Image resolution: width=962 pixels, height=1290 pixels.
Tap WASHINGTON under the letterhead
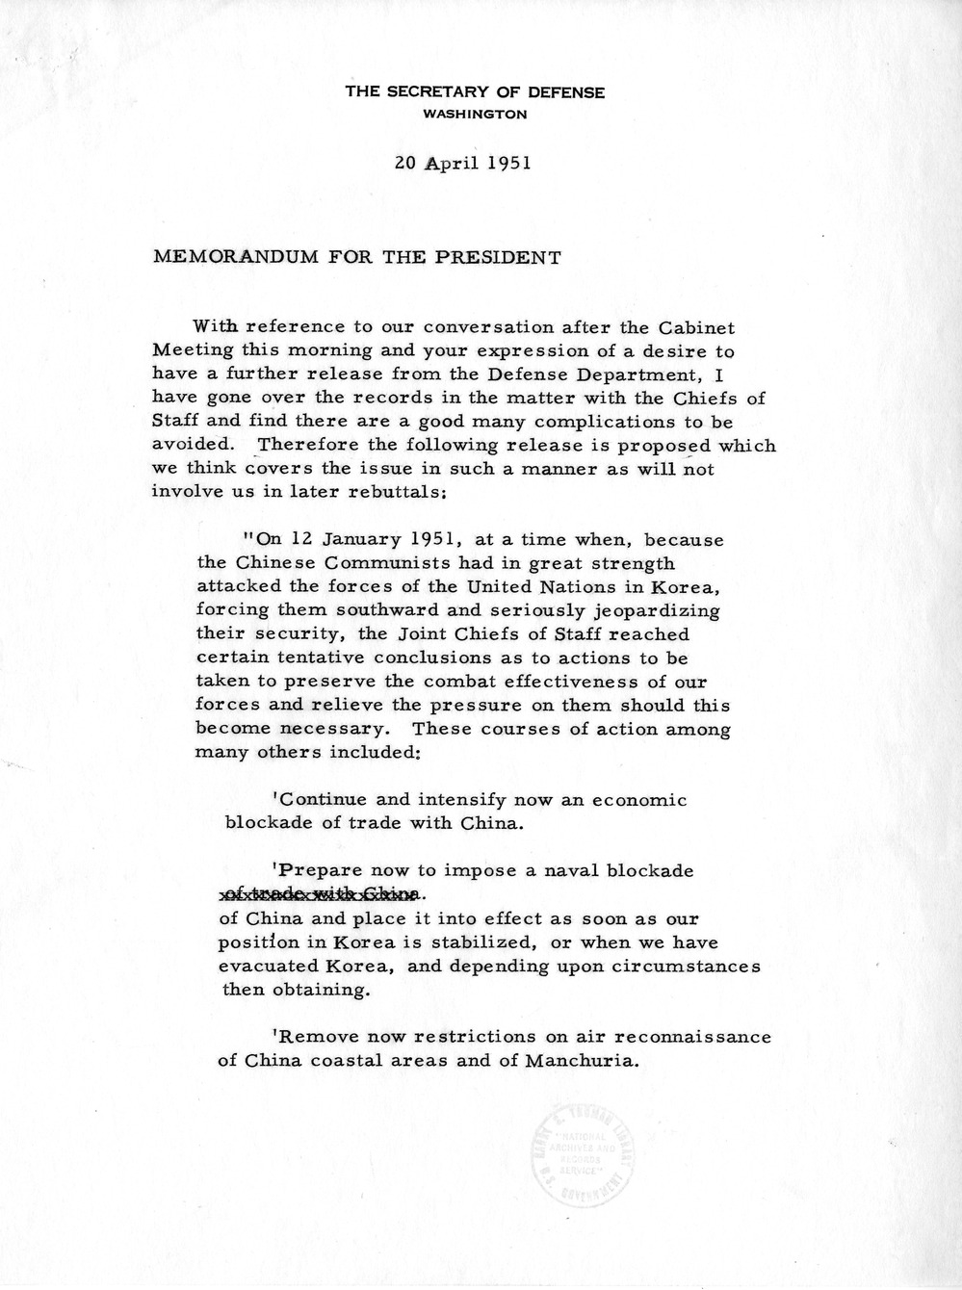[477, 115]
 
